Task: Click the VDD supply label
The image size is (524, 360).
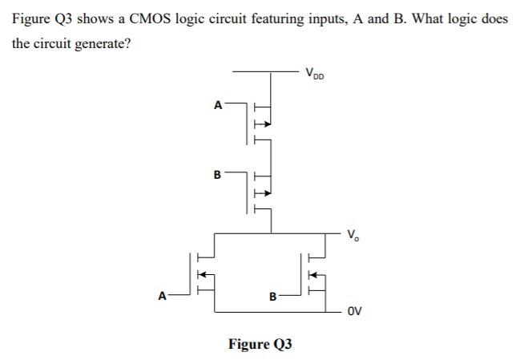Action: pyautogui.click(x=315, y=75)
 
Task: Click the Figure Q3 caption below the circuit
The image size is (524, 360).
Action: pyautogui.click(x=260, y=344)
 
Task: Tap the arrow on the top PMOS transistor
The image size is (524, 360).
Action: pyautogui.click(x=260, y=124)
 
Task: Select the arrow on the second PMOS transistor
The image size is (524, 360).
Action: pyautogui.click(x=260, y=192)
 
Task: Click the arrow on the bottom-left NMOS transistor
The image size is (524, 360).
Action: pyautogui.click(x=203, y=273)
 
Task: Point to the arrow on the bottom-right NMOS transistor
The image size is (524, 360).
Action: pyautogui.click(x=314, y=273)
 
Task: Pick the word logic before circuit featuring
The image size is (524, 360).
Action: pyautogui.click(x=199, y=18)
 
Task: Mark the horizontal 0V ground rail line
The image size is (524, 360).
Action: pyautogui.click(x=280, y=309)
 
